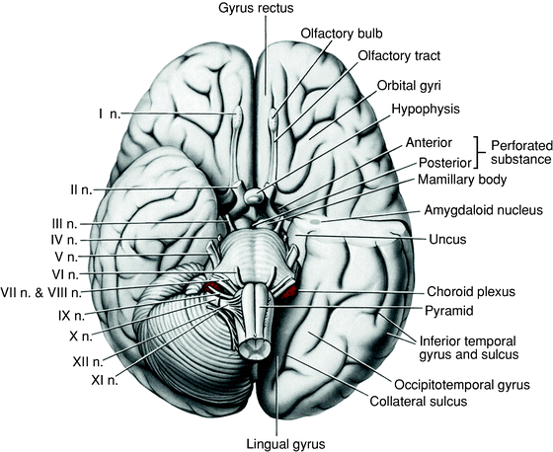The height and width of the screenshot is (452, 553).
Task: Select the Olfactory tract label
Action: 371,58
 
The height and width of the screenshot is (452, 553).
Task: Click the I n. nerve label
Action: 109,114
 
